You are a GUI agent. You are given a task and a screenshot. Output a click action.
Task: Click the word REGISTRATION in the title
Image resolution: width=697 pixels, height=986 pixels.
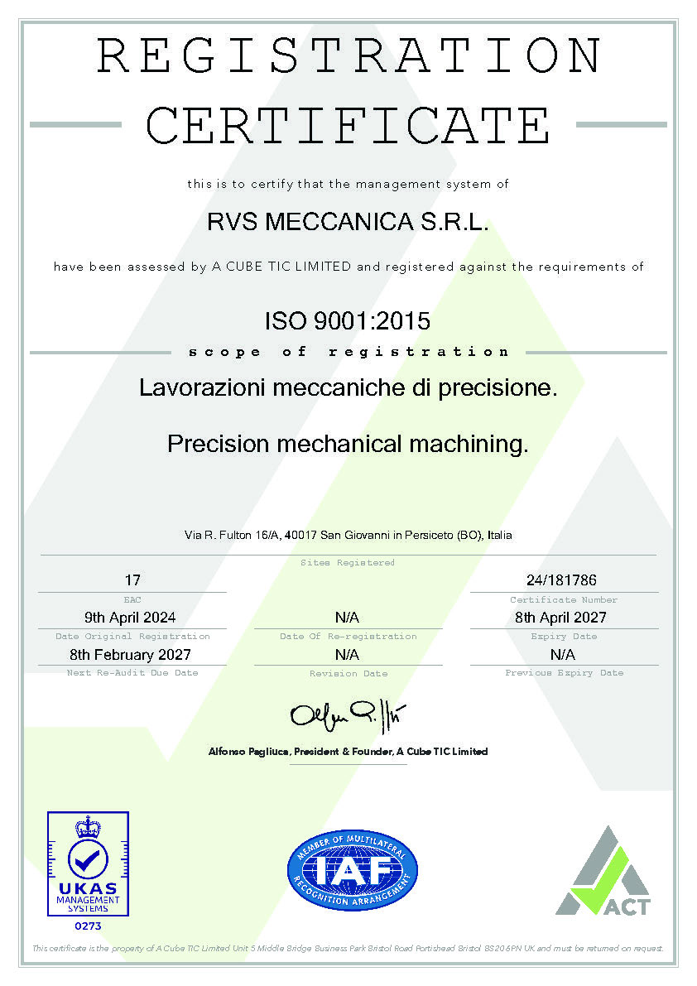[348, 56]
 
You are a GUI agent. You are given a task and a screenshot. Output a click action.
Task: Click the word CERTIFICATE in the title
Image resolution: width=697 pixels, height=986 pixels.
[348, 125]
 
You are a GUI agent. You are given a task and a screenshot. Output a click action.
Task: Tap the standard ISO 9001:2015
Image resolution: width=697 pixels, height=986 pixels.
[348, 320]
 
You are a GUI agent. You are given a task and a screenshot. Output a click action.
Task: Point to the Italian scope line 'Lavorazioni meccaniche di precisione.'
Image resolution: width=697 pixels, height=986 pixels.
[348, 387]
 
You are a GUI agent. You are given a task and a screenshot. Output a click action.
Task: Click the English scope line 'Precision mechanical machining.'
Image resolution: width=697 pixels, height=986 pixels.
[348, 444]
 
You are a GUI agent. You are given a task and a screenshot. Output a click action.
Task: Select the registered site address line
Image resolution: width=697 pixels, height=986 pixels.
[348, 535]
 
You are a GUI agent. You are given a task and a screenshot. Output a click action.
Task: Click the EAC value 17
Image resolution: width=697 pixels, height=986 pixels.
[132, 580]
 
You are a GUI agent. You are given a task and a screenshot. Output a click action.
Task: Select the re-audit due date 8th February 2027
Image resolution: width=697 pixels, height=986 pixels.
[131, 654]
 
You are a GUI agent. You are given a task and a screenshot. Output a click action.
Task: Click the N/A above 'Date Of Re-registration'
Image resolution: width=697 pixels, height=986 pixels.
[347, 618]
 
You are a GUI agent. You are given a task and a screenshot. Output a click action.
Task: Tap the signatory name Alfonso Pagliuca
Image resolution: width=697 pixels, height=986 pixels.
[248, 752]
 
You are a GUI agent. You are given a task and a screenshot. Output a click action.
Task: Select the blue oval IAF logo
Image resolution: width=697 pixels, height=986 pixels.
[352, 870]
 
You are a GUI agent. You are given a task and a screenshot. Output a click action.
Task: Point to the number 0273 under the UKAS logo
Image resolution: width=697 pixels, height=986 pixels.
[88, 925]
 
